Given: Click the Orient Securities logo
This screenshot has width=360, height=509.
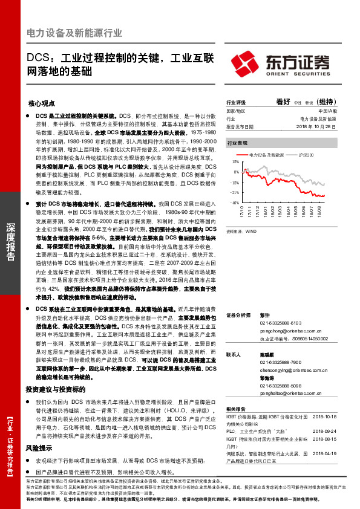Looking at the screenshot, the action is pos(281,63).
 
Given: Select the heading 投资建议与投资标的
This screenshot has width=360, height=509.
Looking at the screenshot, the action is pos(59,373).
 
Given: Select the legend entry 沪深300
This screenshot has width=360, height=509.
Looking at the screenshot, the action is pos(305,155).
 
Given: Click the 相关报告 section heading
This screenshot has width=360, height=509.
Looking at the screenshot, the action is pos(235,409).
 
